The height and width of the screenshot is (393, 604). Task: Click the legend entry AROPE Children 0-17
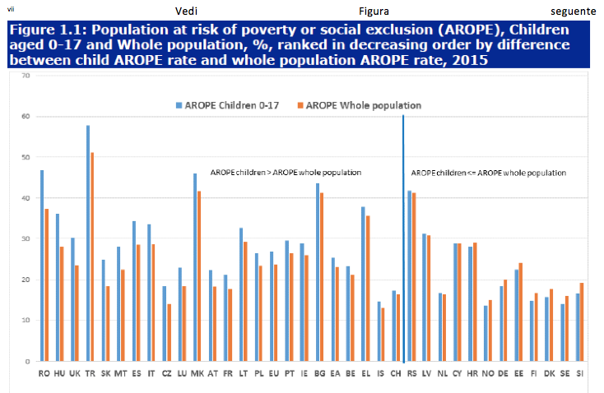tap(230, 105)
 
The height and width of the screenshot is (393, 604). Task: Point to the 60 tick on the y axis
tap(26, 116)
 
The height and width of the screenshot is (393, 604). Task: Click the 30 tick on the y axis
tap(26, 238)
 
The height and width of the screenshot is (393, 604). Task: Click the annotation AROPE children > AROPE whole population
tap(286, 173)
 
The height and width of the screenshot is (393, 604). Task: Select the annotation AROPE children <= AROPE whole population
tap(488, 173)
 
